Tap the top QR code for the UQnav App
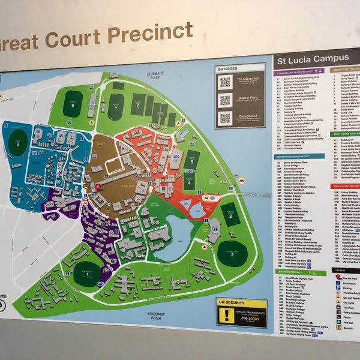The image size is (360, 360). coord(225,82)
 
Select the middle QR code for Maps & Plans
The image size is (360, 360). coord(225,100)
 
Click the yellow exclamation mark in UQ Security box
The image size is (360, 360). coord(227,313)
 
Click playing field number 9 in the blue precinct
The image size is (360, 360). coord(17,143)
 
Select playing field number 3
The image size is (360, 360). coord(230,215)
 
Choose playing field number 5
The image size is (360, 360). coord(191,161)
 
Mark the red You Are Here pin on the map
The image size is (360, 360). coord(98,187)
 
